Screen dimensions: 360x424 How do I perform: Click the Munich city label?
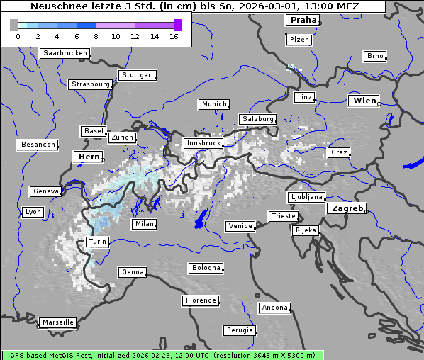pyautogui.click(x=214, y=104)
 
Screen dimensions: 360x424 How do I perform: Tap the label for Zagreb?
pyautogui.click(x=347, y=209)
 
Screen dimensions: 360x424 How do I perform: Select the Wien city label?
pyautogui.click(x=364, y=101)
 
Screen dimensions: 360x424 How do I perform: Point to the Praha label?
pyautogui.click(x=303, y=21)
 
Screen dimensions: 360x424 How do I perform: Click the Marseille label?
pyautogui.click(x=57, y=322)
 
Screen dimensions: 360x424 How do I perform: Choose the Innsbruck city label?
pyautogui.click(x=203, y=143)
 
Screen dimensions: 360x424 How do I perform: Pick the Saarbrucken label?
pyautogui.click(x=65, y=53)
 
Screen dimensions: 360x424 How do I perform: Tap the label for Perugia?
pyautogui.click(x=240, y=330)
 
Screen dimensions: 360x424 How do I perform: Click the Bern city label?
pyautogui.click(x=89, y=157)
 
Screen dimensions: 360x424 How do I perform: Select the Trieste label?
pyautogui.click(x=283, y=216)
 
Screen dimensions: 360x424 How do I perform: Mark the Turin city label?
pyautogui.click(x=97, y=242)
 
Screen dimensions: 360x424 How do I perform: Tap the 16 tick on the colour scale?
pyautogui.click(x=174, y=35)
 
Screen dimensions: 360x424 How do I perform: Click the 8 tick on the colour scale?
pyautogui.click(x=96, y=35)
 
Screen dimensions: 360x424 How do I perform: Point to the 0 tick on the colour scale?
pyautogui.click(x=18, y=35)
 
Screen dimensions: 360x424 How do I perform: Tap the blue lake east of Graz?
pyautogui.click(x=413, y=164)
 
